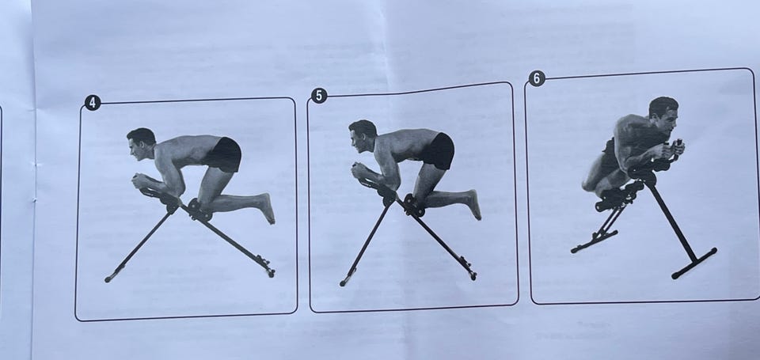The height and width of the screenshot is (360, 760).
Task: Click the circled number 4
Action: pyautogui.click(x=93, y=103)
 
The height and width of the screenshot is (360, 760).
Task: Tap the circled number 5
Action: pyautogui.click(x=318, y=96)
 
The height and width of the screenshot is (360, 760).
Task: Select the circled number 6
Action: pyautogui.click(x=537, y=78)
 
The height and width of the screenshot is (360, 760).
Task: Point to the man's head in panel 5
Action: pyautogui.click(x=362, y=135)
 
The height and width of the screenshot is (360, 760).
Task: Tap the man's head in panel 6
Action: pyautogui.click(x=664, y=113)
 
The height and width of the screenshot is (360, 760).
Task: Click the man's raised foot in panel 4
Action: pyautogui.click(x=267, y=208)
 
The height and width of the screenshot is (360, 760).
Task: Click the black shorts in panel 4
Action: pyautogui.click(x=223, y=154)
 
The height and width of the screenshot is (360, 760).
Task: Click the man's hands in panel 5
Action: pyautogui.click(x=361, y=171)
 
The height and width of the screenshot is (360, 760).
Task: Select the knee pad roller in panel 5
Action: pyautogui.click(x=414, y=206)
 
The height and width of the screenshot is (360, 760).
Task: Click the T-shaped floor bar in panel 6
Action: pyautogui.click(x=694, y=263)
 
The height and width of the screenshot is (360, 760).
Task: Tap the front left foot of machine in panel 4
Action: pyautogui.click(x=109, y=279)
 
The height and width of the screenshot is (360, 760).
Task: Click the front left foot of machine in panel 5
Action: pyautogui.click(x=344, y=282)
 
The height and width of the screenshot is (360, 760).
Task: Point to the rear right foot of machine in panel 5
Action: pyautogui.click(x=471, y=275)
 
